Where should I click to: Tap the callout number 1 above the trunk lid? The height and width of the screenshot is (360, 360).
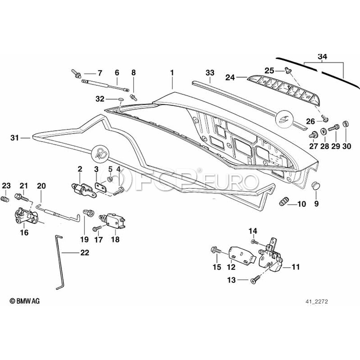[172, 73]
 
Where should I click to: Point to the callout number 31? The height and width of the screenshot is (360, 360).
[15, 138]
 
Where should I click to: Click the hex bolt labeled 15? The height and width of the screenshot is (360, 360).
[214, 251]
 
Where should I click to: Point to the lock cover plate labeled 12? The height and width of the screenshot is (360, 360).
[242, 254]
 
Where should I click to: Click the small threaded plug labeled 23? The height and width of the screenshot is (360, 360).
[6, 199]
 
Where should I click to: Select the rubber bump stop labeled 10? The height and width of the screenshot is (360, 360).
[283, 202]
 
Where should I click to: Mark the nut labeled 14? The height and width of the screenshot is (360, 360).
[254, 242]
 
